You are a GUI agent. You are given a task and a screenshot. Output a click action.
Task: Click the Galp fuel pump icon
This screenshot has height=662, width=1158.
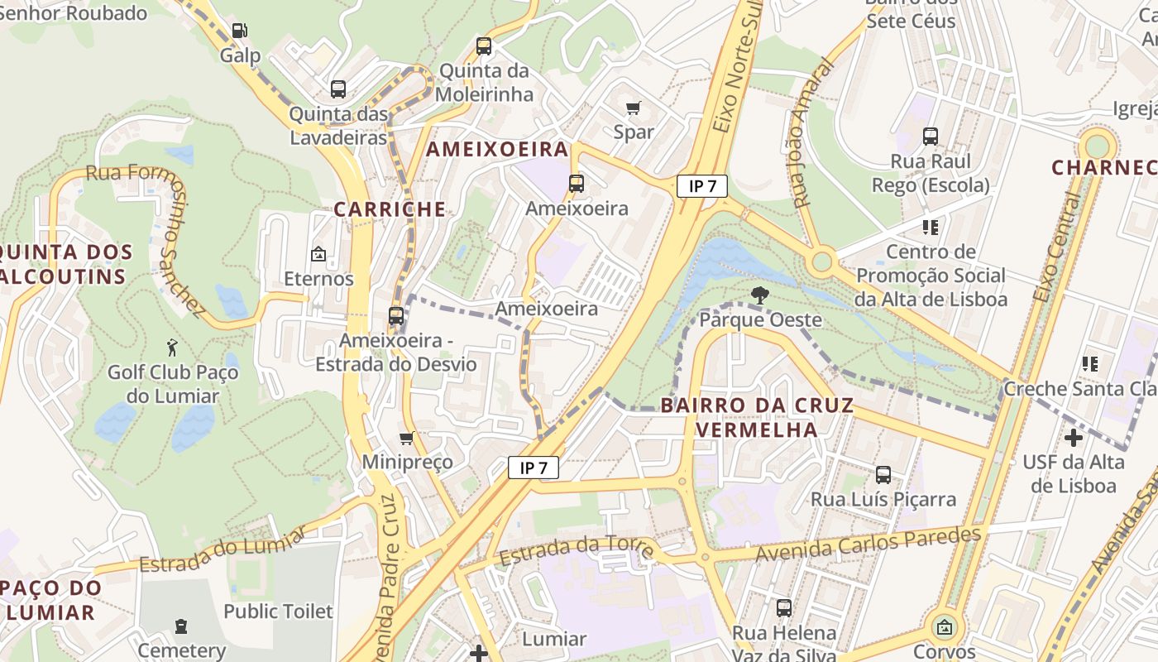(x=239, y=31)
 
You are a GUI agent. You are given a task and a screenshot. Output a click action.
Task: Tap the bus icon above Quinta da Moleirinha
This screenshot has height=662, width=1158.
(x=484, y=46)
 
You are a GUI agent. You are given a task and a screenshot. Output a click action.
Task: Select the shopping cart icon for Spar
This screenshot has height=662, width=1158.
(x=634, y=108)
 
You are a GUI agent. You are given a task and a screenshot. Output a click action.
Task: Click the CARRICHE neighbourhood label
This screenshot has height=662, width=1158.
(x=390, y=209)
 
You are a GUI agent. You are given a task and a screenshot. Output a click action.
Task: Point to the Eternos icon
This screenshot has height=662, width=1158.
(x=318, y=254)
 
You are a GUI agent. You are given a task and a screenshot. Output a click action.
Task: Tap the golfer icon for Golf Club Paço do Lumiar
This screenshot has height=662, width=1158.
(x=172, y=348)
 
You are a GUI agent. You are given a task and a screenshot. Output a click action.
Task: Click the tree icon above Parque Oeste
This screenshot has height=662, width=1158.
(x=759, y=295)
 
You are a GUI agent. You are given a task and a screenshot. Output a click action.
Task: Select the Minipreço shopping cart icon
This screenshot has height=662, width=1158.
(x=406, y=438)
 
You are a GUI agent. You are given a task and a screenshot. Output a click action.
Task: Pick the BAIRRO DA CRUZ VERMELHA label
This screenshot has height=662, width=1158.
(x=757, y=417)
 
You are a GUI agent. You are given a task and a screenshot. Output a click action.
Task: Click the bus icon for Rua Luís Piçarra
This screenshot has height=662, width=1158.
(x=883, y=475)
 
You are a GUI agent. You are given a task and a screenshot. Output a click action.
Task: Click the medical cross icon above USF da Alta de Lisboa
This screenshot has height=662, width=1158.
(x=1074, y=437)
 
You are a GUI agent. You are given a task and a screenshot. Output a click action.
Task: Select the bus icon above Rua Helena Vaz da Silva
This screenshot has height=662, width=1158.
(x=784, y=608)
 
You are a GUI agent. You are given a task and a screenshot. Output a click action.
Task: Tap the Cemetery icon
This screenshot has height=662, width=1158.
(x=181, y=626)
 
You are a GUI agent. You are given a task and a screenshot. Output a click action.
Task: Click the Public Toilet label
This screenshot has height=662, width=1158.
(x=278, y=612)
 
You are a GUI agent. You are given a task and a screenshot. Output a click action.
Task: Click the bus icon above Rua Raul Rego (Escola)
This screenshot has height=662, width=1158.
(x=931, y=137)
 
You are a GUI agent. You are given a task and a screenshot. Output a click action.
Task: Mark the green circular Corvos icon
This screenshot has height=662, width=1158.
(x=944, y=628)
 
